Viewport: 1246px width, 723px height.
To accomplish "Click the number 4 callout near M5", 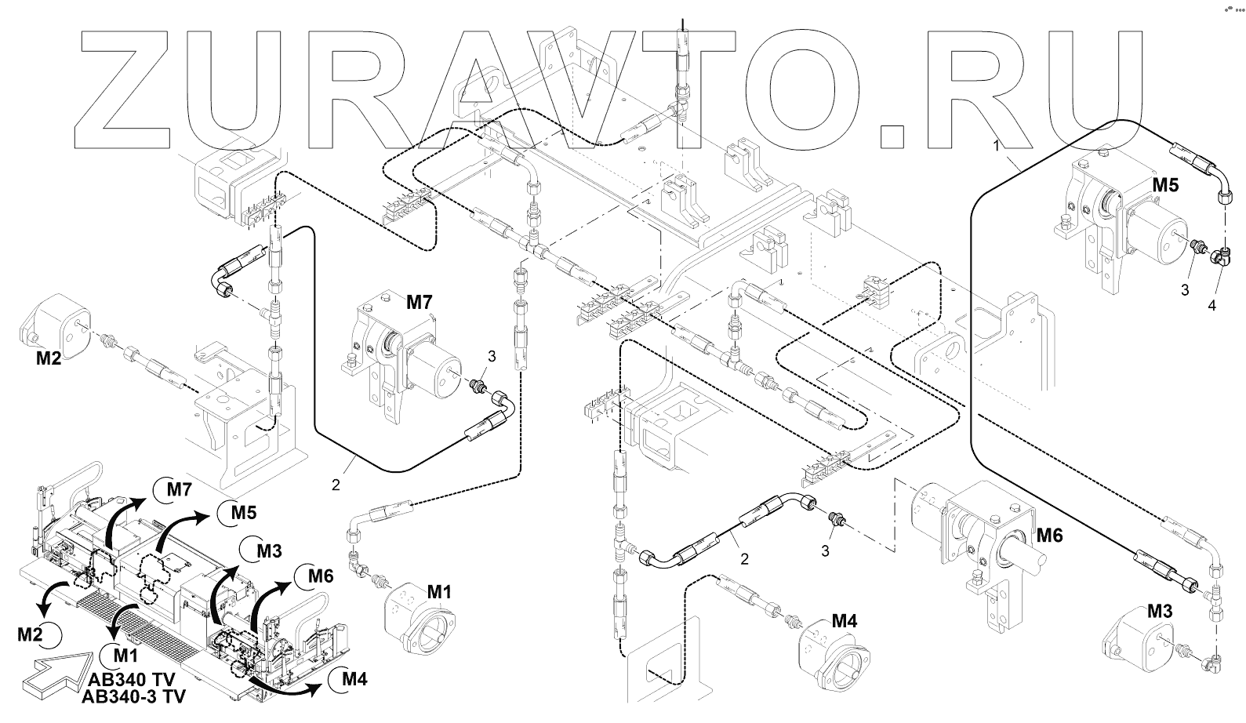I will [x=1211, y=305].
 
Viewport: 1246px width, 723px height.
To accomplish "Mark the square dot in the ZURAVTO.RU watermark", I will [x=894, y=133].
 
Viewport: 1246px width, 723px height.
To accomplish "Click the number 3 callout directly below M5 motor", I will [x=1185, y=289].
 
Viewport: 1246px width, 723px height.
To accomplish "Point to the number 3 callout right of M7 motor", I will [x=492, y=356].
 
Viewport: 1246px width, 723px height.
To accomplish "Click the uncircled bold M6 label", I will [x=1049, y=536].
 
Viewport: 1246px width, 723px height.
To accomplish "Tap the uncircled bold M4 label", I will [x=845, y=622].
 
